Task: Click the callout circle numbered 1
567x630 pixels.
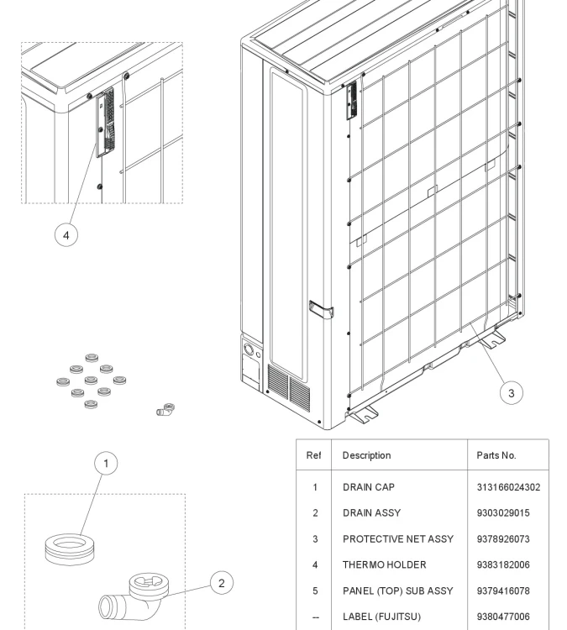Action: (x=106, y=464)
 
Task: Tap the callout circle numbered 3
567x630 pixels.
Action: (x=512, y=392)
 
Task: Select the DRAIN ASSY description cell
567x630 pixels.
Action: (x=371, y=513)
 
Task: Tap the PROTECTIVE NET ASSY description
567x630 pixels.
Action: (x=397, y=539)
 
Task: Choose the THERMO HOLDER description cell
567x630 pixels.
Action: (x=384, y=565)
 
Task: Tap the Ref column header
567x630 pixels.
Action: (x=314, y=456)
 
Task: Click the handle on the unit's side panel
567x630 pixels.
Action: (x=321, y=310)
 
